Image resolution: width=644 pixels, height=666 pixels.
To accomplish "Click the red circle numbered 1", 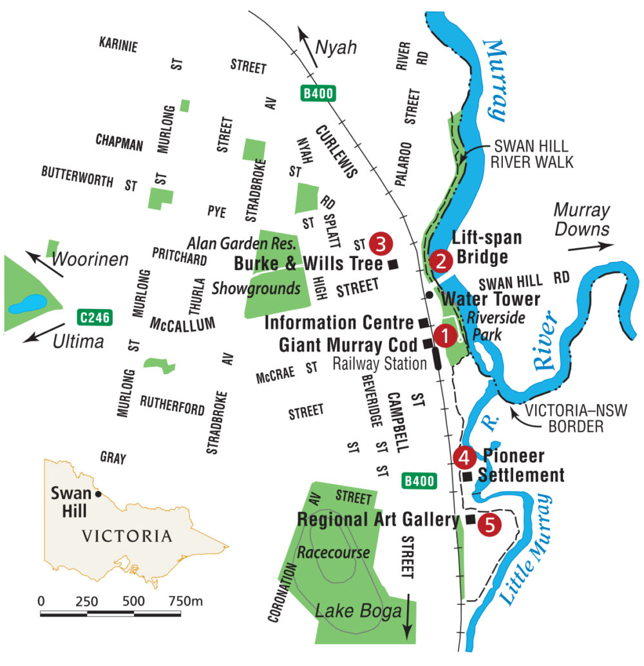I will coord(444,335).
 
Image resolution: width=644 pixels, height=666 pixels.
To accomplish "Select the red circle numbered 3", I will coord(380,243).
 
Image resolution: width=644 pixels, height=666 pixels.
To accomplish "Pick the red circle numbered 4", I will coord(464,458).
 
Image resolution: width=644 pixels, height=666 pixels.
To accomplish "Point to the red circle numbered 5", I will coord(489,524).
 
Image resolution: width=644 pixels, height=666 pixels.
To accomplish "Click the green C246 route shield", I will coord(95,317).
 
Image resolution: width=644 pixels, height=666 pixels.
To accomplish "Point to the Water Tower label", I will coord(490,299).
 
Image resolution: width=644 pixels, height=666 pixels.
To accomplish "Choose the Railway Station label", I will coord(379,364).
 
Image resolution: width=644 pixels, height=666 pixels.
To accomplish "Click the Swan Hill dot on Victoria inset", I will coord(98,494).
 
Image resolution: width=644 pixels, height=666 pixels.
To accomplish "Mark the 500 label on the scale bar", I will coord(133,601).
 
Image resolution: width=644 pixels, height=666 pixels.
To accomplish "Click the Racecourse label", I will coord(334,552).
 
